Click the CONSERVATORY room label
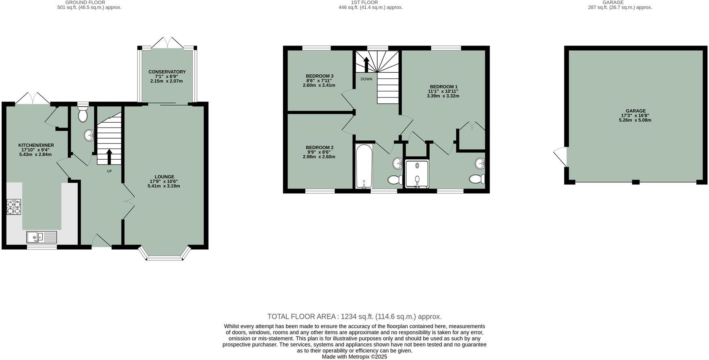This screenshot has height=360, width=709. click(167, 72)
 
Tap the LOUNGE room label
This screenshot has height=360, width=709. click(164, 177)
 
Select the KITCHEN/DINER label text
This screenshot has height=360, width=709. click(36, 145)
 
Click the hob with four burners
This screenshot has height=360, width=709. click(14, 207)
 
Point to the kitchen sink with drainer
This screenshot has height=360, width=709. click(42, 236)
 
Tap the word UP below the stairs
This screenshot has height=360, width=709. click(109, 171)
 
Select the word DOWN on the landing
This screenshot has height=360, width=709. click(366, 79)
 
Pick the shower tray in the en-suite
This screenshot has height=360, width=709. click(417, 174)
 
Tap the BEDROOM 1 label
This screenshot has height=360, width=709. click(444, 87)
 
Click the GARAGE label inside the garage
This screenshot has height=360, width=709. click(635, 111)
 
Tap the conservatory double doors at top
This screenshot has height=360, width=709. click(167, 42)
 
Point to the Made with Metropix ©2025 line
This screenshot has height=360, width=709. click(354, 357)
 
